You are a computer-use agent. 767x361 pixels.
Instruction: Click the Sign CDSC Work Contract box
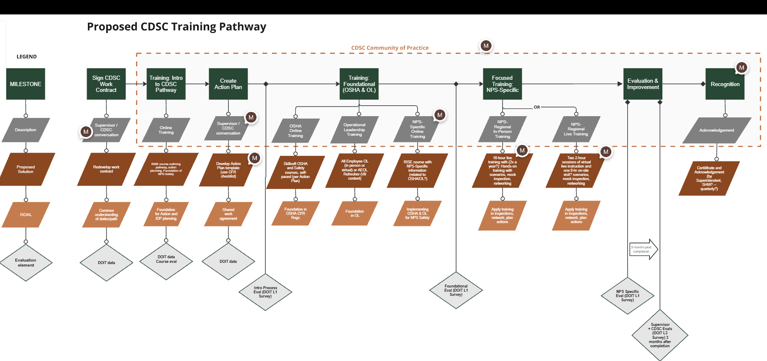106,84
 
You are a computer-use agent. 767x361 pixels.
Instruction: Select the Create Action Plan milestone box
228,84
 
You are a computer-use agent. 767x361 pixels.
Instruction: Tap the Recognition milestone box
725,84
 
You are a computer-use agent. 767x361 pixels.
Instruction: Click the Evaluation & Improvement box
643,84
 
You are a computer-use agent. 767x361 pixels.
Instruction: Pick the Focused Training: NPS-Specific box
502,84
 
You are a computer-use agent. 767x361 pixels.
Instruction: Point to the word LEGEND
27,57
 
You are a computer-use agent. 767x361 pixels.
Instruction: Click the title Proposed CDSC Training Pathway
177,27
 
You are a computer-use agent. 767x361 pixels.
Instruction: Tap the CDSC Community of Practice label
390,48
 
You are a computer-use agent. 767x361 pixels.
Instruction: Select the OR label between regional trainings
537,107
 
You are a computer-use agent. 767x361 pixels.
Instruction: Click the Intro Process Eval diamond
265,292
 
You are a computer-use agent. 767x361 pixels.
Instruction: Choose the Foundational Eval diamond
456,290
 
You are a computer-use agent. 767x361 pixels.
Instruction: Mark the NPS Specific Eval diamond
627,296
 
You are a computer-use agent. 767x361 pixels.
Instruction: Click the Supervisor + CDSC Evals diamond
660,335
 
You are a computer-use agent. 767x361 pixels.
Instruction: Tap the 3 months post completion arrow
643,249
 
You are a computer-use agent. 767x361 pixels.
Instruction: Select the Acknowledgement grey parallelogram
716,130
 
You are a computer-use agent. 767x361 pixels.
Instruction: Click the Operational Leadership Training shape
354,130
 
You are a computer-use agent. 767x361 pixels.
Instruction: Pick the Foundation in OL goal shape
355,214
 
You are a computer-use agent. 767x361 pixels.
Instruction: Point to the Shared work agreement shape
228,214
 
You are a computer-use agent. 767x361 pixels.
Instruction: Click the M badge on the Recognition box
741,68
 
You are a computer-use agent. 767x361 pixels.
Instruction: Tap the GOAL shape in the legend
26,215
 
